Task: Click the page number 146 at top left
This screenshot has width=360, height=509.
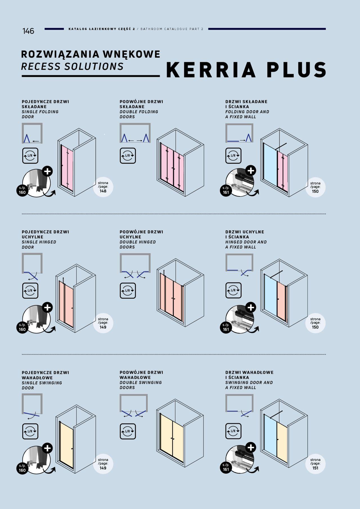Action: [x=28, y=31]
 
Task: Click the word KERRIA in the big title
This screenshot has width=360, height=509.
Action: [x=211, y=70]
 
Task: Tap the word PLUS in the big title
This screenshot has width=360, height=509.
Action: [x=297, y=70]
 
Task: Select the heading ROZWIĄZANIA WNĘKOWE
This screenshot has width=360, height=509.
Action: [x=91, y=54]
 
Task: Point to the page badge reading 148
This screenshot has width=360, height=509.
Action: [x=103, y=187]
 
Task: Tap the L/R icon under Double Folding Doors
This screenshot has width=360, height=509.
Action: [x=128, y=156]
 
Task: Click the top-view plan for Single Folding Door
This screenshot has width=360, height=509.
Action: [x=32, y=133]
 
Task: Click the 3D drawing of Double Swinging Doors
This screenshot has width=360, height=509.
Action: [x=180, y=433]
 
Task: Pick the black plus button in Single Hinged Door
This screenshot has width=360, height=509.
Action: [x=47, y=307]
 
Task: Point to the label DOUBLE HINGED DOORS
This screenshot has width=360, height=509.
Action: [x=138, y=244]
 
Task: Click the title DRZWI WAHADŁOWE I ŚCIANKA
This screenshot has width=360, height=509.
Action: [x=249, y=375]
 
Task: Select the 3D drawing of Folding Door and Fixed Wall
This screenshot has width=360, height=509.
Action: [x=284, y=163]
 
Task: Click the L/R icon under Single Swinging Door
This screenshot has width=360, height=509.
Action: [x=30, y=431]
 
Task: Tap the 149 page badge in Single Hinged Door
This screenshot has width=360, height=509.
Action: [x=103, y=323]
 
